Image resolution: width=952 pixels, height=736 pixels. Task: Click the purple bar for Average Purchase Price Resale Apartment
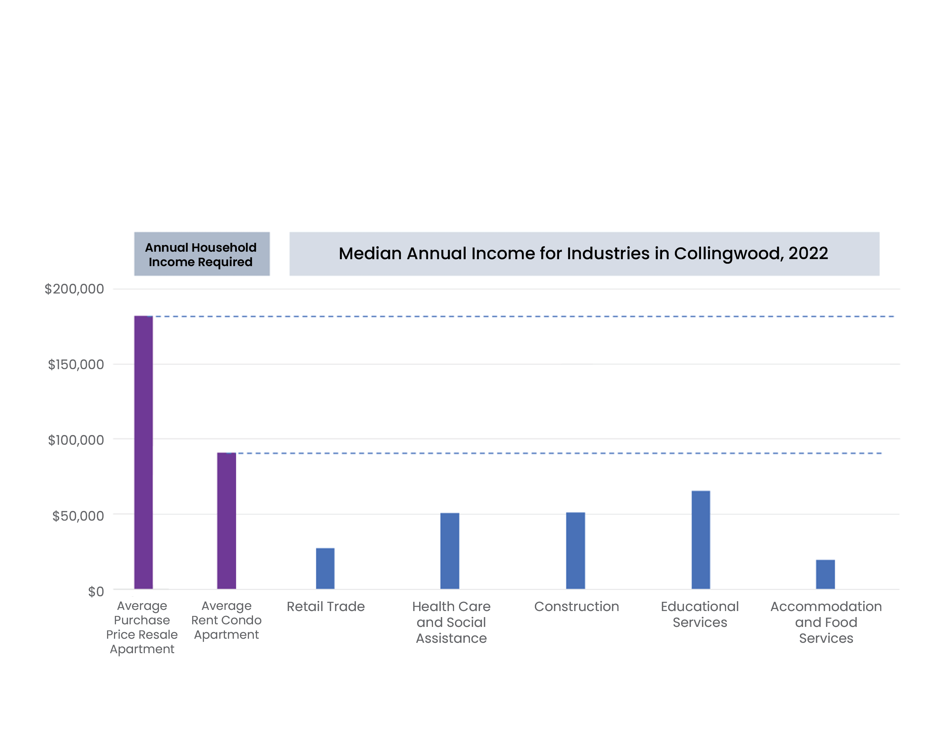[143, 452]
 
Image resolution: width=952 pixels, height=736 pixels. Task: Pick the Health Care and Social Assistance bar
[449, 551]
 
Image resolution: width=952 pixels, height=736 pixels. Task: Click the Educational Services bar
[700, 539]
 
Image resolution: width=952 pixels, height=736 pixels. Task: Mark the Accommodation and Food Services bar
[825, 574]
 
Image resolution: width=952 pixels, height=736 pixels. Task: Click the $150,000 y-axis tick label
[76, 365]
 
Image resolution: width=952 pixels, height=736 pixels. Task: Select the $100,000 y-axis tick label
[76, 440]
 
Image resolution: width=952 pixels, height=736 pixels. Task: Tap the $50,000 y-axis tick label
[78, 516]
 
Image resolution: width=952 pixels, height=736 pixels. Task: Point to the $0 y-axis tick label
[96, 592]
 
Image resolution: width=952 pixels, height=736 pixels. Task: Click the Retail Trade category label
[326, 606]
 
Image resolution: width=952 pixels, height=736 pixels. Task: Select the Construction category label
[576, 606]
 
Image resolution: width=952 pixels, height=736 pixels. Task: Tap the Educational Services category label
[700, 614]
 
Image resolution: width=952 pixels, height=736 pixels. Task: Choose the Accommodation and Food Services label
[826, 622]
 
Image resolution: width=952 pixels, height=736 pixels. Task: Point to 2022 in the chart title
[808, 253]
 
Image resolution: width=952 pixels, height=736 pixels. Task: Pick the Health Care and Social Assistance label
[451, 622]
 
